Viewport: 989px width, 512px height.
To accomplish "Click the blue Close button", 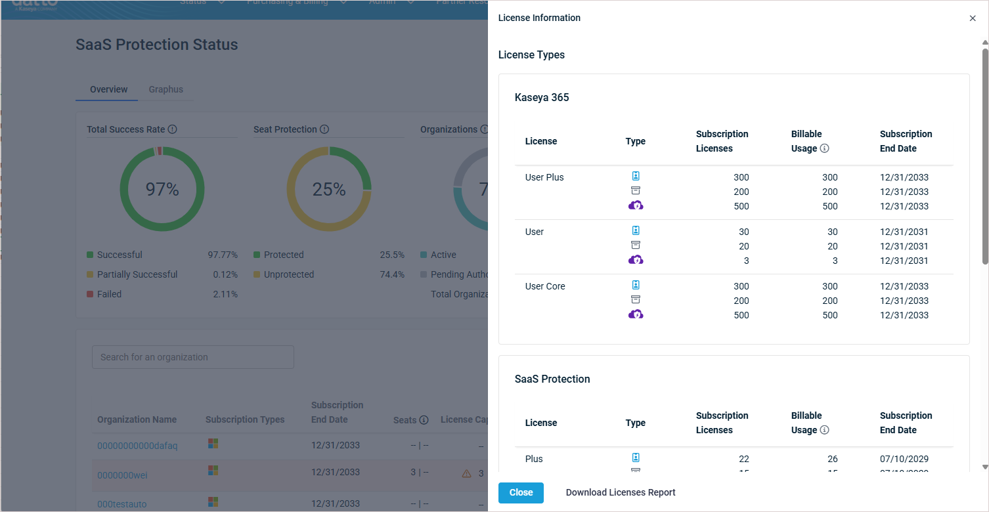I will pos(521,492).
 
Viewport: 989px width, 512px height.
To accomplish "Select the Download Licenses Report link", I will pos(621,492).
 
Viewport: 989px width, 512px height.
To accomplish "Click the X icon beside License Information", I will pos(973,18).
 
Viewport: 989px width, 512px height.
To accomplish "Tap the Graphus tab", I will pos(165,89).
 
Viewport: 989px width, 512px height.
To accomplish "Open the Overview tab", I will pos(109,89).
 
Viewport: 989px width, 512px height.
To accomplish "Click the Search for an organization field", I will pos(192,357).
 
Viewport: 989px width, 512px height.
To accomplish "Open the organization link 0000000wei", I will pos(122,475).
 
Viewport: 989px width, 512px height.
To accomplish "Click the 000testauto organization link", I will pos(122,504).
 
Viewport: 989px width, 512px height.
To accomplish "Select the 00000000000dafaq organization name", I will pos(137,446).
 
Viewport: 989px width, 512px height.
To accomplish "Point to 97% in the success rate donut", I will pos(162,190).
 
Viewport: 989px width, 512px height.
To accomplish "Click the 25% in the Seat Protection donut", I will pos(329,190).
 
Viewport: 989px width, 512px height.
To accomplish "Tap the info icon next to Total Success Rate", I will pos(173,129).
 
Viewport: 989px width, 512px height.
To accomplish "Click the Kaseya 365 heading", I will pos(542,98).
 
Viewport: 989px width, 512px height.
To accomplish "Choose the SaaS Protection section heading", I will pos(552,379).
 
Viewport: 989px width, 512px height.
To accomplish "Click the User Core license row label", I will pos(545,286).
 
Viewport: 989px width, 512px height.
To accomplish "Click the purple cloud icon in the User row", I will pos(636,260).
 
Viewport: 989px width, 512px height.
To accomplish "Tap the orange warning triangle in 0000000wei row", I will pos(466,473).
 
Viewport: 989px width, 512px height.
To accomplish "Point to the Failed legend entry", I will pos(109,294).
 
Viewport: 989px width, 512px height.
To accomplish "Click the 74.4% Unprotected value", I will pos(392,274).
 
